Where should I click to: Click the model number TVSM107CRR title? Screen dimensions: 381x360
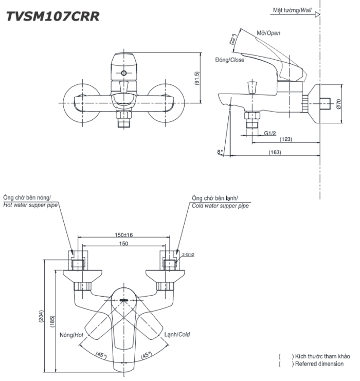[x=52, y=16]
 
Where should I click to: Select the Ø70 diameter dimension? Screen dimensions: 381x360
[x=338, y=105]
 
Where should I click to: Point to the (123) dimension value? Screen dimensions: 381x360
[x=286, y=139]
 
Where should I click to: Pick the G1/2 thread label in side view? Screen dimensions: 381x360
[x=271, y=133]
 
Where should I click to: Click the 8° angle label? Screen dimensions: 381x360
[x=221, y=152]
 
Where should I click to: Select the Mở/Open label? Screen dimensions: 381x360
[x=268, y=33]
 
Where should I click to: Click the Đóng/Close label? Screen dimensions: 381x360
[x=229, y=60]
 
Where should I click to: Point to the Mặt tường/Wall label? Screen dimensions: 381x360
[x=293, y=10]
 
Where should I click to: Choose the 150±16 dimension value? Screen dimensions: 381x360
[x=123, y=235]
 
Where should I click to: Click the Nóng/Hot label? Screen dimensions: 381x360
[x=71, y=334]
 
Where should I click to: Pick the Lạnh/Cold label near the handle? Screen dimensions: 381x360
[x=177, y=334]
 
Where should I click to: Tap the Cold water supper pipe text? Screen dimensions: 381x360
[x=221, y=205]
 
